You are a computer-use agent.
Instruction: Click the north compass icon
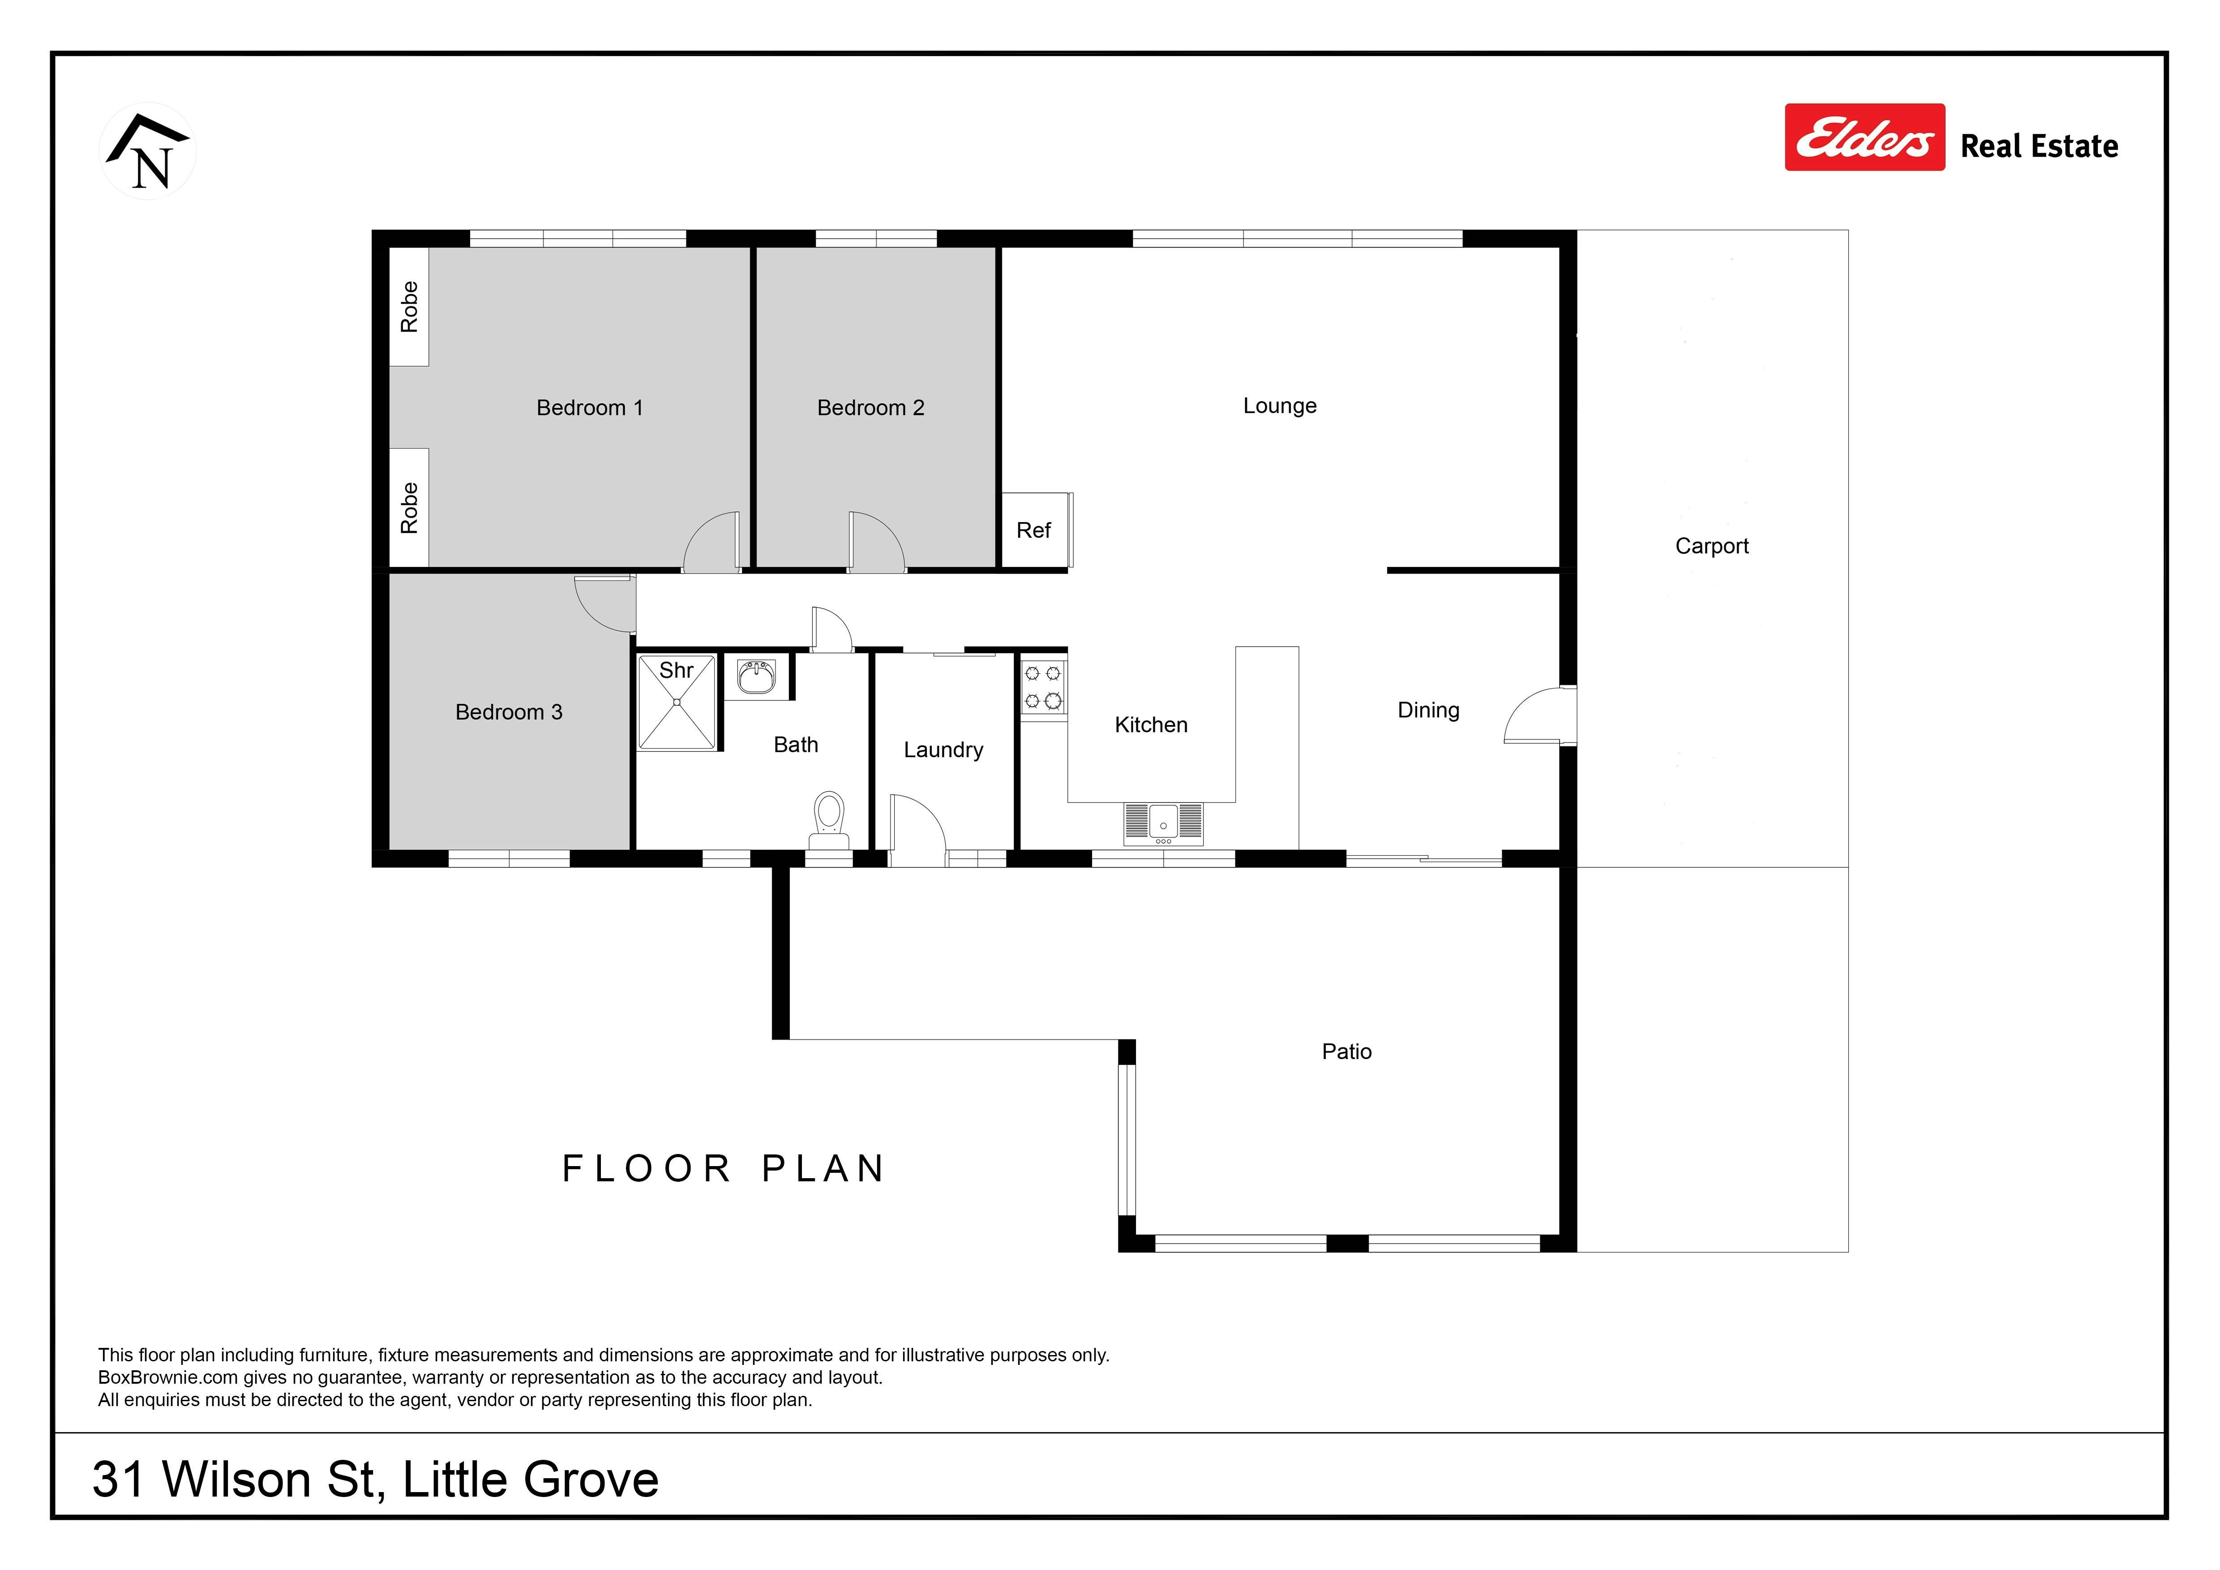click(148, 152)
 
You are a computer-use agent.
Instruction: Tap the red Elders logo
click(1864, 137)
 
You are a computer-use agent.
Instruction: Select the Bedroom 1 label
click(590, 408)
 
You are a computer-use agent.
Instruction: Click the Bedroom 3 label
click(509, 712)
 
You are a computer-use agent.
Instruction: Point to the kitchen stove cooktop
click(1043, 686)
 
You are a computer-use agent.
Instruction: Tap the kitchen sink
click(1163, 824)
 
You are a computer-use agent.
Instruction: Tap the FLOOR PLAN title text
click(723, 1169)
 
